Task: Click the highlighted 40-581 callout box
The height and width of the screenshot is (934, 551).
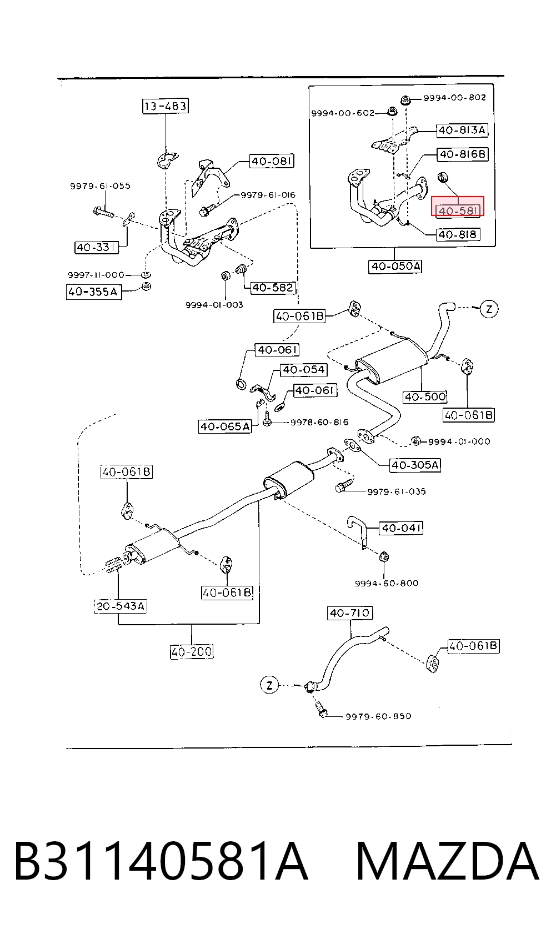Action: pos(458,207)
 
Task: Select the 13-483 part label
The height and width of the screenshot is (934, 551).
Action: pos(165,106)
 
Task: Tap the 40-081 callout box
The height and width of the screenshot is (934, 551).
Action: pos(272,161)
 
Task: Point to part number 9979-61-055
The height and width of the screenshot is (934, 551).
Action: pos(100,186)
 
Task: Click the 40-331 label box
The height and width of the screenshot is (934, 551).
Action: pos(96,247)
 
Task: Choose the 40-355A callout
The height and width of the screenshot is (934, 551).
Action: pos(94,292)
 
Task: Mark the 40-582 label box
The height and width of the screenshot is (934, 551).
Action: pos(273,287)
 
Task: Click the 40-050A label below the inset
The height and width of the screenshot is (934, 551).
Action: pos(395,266)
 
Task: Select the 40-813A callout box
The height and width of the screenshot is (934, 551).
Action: pos(462,130)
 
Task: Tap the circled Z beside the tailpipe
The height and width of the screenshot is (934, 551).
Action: pos(489,309)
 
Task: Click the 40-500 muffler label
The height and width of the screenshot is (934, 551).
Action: pos(425,396)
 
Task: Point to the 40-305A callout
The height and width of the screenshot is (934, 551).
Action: pos(415,465)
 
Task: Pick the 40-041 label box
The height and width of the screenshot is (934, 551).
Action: pos(401,528)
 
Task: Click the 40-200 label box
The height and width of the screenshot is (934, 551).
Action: pos(192,651)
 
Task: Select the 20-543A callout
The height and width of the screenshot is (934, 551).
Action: pos(121,606)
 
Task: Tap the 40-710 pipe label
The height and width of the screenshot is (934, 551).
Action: pos(349,613)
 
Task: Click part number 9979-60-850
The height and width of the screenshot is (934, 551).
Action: pos(378,716)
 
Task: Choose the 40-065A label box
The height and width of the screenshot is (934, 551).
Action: pos(225,426)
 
